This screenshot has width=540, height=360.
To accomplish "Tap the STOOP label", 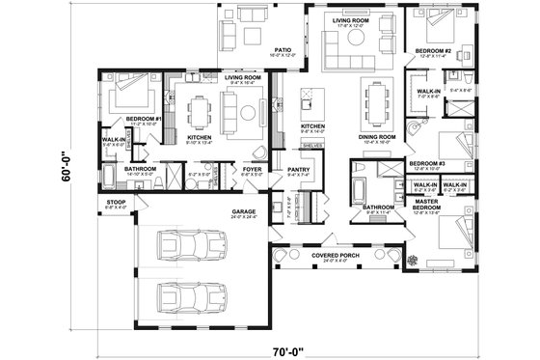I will pos(114,202).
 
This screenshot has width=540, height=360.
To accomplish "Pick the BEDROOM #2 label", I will pos(436,50).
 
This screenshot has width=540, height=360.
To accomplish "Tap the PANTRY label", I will pos(298,170).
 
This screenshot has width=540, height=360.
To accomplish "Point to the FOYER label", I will pos(252,170).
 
